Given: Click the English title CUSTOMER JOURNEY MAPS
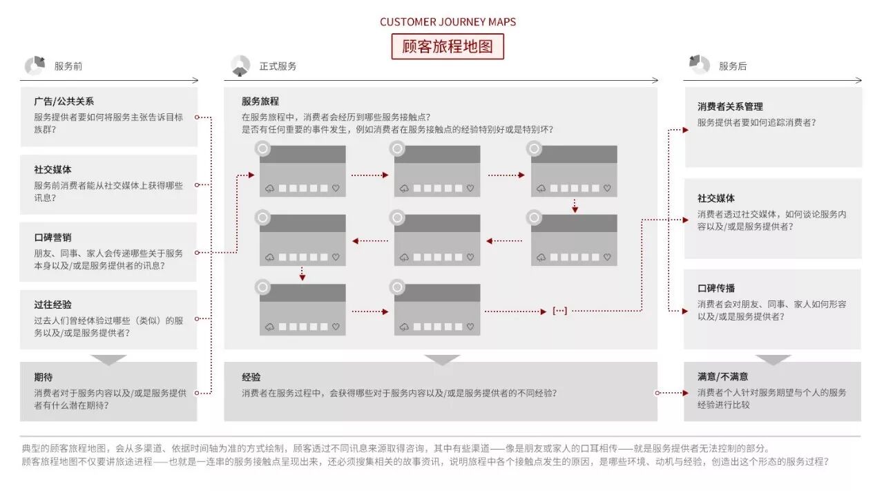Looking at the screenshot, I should [448, 21].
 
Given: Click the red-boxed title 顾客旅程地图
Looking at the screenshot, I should [448, 47].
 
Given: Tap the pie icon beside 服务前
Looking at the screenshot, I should [35, 66].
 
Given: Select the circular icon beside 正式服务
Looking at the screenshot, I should [240, 66].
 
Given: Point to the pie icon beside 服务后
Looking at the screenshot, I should [699, 64].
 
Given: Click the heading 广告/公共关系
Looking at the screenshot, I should [64, 102].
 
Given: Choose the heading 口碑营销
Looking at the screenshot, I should [52, 238].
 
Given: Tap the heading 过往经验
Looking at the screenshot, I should [52, 305].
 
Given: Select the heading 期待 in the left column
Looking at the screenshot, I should [43, 378].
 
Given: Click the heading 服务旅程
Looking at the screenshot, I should [260, 102].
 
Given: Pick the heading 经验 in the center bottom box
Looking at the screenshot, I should [251, 378].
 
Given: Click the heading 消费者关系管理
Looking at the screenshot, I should [730, 107].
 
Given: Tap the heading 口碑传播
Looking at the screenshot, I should [716, 289].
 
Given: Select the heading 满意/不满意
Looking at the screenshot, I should [722, 377].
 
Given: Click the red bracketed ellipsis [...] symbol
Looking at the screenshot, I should [559, 311].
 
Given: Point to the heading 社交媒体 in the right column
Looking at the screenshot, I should [716, 199].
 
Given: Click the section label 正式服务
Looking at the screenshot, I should [278, 66].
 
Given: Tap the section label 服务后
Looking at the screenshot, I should [733, 66].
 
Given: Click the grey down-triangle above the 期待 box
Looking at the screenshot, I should [108, 359].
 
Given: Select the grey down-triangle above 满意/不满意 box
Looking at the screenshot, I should [773, 359].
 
